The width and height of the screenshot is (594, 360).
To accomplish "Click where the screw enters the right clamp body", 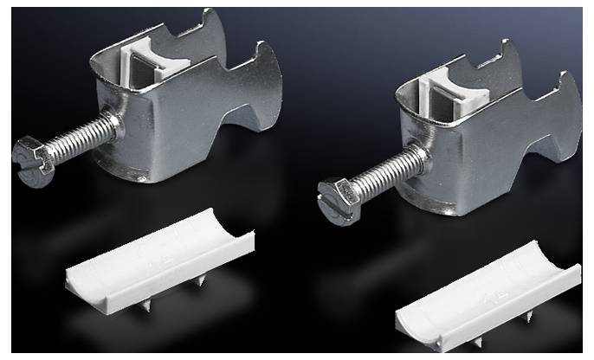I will [x=420, y=157].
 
